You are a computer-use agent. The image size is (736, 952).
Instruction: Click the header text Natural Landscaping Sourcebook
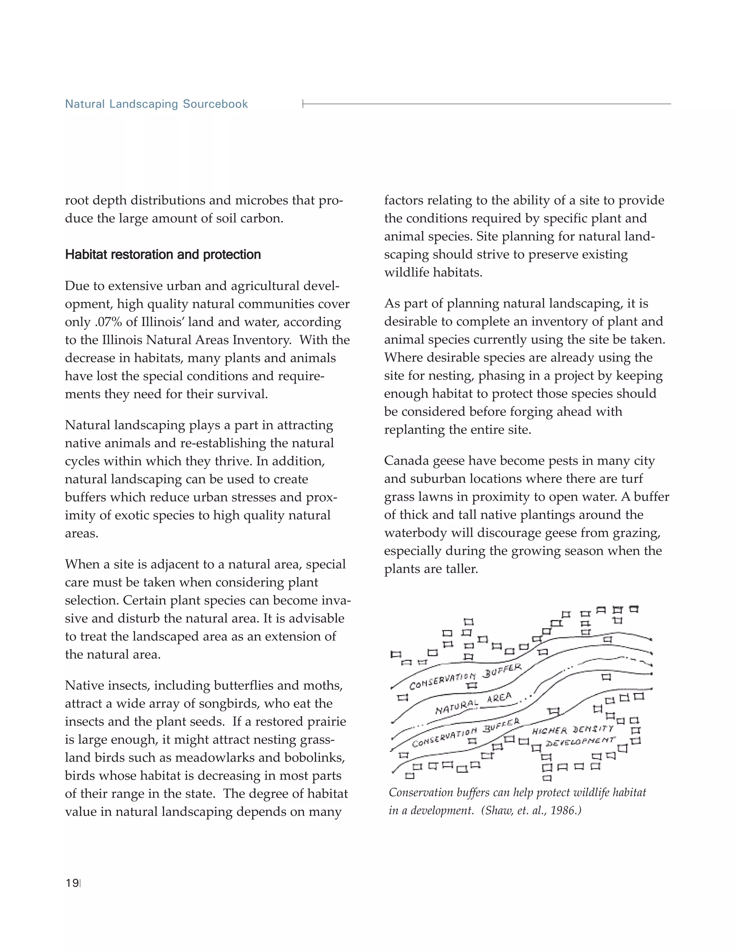156,104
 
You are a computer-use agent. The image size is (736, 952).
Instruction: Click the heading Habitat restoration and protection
163,255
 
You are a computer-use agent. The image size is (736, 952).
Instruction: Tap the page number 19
72,883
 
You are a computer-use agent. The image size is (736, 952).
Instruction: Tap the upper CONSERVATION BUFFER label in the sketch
465,676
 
